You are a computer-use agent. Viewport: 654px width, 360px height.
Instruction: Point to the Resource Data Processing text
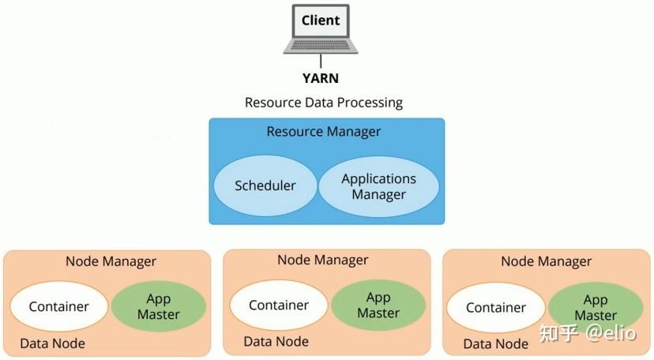point(324,103)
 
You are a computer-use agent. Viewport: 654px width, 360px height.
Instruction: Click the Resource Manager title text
point(324,131)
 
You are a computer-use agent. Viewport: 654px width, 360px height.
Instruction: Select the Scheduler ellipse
point(265,186)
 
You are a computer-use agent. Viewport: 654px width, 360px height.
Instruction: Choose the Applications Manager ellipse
point(379,187)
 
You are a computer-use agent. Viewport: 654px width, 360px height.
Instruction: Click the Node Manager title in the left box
point(111,261)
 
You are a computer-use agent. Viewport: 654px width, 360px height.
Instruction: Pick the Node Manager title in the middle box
point(322,260)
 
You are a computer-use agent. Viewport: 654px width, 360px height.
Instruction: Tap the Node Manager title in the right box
point(547,261)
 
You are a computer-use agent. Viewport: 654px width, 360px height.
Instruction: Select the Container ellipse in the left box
point(59,307)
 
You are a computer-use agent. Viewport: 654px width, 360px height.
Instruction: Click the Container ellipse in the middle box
point(279,306)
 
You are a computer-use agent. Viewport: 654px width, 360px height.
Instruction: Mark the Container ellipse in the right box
point(496,309)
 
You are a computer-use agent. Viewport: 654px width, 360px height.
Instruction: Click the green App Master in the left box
point(159,307)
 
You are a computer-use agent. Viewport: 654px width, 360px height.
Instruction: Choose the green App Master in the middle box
point(378,306)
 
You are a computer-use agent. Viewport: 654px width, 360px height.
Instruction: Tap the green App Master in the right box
point(595,308)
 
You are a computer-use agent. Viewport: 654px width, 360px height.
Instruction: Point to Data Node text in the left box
point(52,343)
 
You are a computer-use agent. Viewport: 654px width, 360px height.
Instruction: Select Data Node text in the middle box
point(276,341)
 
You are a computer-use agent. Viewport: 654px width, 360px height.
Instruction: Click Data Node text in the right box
point(495,343)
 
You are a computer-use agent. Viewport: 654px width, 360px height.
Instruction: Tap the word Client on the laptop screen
point(321,21)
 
